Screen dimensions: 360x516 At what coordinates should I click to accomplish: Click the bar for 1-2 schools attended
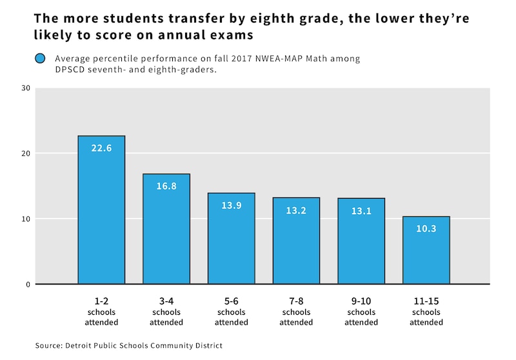pyautogui.click(x=101, y=210)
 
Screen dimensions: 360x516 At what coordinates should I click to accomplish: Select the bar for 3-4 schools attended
pyautogui.click(x=166, y=229)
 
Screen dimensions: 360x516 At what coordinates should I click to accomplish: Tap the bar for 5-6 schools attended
pyautogui.click(x=231, y=239)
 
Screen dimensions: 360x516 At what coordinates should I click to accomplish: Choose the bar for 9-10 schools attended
pyautogui.click(x=361, y=241)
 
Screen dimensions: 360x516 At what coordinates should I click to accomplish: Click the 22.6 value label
pyautogui.click(x=101, y=148)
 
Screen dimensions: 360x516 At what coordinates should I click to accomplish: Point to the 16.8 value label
pyautogui.click(x=166, y=186)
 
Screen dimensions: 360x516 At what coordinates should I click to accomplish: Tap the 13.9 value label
pyautogui.click(x=231, y=205)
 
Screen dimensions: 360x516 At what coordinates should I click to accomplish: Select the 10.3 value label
pyautogui.click(x=426, y=228)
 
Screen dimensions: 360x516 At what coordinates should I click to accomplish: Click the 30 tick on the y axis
pyautogui.click(x=26, y=88)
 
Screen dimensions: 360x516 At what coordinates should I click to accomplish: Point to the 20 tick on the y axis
pyautogui.click(x=26, y=154)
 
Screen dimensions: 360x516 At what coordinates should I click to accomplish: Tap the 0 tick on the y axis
pyautogui.click(x=28, y=285)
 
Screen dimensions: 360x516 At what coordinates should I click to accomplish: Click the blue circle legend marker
pyautogui.click(x=40, y=59)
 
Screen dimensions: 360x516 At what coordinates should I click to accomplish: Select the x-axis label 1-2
pyautogui.click(x=101, y=301)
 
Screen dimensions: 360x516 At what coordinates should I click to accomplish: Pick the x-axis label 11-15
pyautogui.click(x=426, y=301)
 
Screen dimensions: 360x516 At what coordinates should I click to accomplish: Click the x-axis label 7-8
pyautogui.click(x=296, y=301)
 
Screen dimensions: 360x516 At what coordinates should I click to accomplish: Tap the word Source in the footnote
pyautogui.click(x=49, y=346)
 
